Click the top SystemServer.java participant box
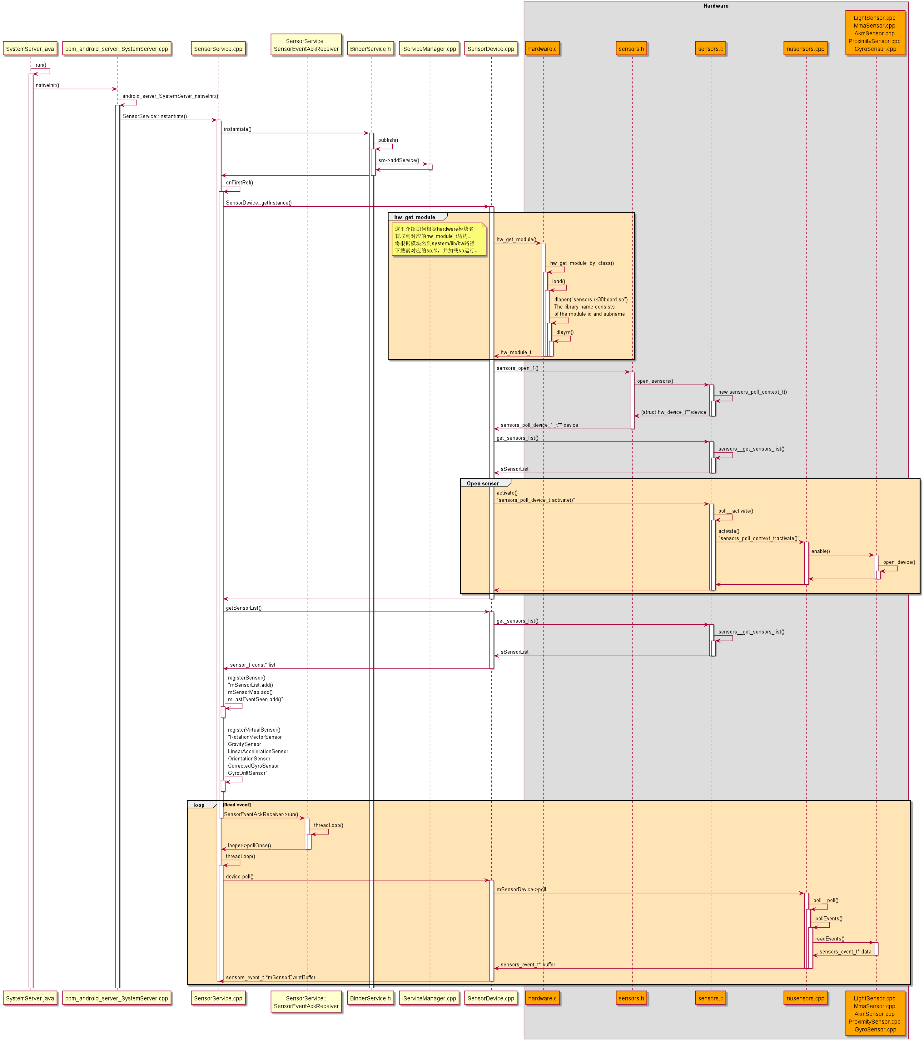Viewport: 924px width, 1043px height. point(30,49)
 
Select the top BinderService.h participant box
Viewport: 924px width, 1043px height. point(371,49)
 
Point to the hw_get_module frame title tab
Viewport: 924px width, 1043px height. point(415,217)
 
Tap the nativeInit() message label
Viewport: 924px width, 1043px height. point(47,85)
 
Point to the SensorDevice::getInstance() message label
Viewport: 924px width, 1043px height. point(259,203)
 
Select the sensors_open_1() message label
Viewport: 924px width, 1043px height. point(517,368)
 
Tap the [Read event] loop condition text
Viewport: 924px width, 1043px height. point(237,805)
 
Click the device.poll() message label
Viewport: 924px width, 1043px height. point(240,876)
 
